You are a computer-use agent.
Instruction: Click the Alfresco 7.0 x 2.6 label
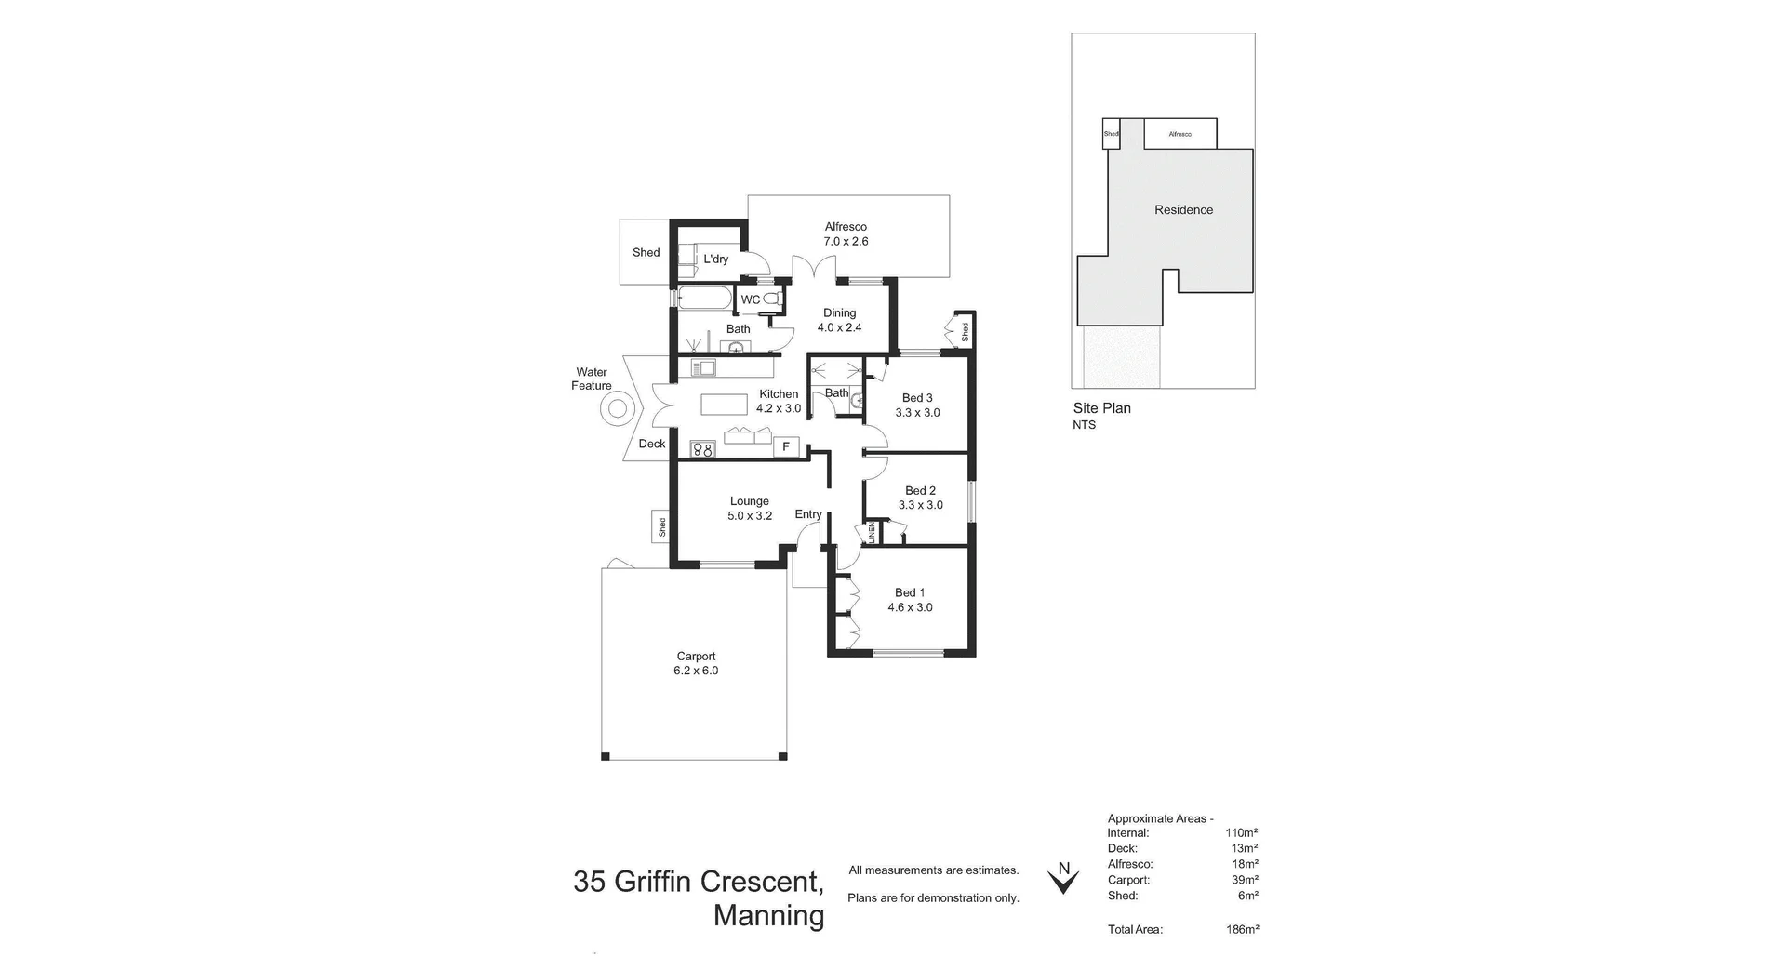(846, 233)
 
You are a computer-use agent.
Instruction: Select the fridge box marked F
(786, 447)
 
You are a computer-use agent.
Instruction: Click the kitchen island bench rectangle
(725, 405)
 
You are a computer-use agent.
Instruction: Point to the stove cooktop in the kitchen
(702, 450)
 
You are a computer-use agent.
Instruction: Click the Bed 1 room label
(910, 592)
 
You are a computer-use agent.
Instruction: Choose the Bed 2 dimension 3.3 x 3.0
(920, 505)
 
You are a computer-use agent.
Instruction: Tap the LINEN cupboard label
(872, 533)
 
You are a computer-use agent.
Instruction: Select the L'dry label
(715, 259)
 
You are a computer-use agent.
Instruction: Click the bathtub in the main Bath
(704, 298)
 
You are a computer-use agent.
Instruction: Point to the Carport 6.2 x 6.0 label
(696, 663)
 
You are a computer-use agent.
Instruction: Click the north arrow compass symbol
(1063, 878)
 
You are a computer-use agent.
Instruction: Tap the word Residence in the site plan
(1183, 210)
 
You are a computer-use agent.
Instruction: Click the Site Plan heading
(1101, 408)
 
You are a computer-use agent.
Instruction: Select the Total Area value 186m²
(1242, 929)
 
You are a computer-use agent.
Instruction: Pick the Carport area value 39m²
(1244, 880)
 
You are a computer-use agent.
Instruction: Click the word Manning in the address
(768, 916)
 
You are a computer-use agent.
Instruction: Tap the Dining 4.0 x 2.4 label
(839, 320)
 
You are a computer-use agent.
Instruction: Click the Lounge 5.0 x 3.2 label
(750, 509)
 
